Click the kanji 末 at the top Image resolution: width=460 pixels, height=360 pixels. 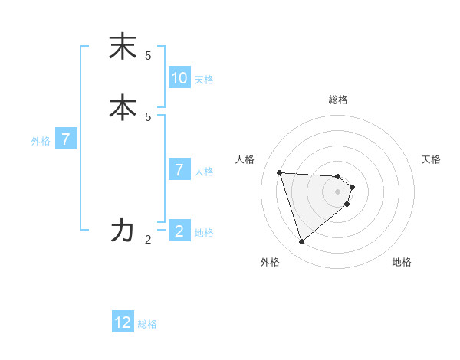tap(123, 47)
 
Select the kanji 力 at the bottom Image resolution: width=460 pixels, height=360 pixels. tap(123, 230)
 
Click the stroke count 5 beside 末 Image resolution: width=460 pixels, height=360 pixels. tap(148, 56)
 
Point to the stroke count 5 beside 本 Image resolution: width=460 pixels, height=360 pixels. tap(148, 116)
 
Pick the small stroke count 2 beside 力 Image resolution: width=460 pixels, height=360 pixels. tap(148, 240)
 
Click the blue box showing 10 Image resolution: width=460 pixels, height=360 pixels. tap(179, 77)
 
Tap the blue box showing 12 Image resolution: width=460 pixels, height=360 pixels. tap(123, 322)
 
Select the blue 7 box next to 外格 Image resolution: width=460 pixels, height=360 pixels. tap(66, 139)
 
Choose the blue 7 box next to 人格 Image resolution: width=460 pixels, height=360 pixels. tap(179, 170)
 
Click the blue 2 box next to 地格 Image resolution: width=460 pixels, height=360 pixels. tap(179, 231)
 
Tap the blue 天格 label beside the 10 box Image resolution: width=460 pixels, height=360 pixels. tap(204, 80)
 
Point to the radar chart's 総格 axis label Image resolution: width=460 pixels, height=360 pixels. tap(338, 100)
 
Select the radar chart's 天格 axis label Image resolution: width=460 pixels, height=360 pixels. tap(431, 159)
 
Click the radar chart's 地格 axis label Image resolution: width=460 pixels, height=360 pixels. tap(402, 263)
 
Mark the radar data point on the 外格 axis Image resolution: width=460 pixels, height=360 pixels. tap(301, 242)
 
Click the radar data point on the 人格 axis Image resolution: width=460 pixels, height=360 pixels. tap(279, 172)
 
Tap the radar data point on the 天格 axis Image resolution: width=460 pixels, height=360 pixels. tap(353, 187)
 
